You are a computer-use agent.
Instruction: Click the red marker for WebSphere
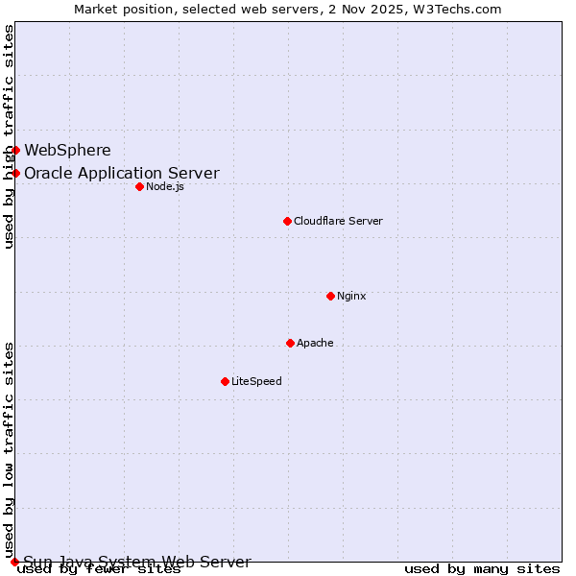tap(15, 150)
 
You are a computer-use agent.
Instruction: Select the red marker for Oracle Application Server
tap(15, 173)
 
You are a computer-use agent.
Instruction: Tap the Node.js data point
tap(139, 186)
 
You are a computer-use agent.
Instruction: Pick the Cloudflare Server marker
tap(287, 221)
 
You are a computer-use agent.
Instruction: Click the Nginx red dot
tap(330, 296)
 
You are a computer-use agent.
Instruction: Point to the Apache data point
tap(290, 343)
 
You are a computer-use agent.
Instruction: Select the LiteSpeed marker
tap(225, 381)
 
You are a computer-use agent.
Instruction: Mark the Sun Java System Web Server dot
tap(14, 562)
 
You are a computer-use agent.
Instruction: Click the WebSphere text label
tap(67, 150)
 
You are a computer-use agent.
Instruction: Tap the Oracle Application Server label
tap(122, 174)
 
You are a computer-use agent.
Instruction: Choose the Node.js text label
tap(165, 186)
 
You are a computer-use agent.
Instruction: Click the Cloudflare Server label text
tap(338, 221)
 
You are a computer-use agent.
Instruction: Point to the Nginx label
tap(351, 296)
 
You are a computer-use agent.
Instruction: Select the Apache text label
tap(315, 343)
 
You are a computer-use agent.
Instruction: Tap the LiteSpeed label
tap(256, 381)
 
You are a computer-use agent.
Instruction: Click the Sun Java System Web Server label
tap(137, 563)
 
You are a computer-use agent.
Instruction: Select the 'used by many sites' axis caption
tap(482, 569)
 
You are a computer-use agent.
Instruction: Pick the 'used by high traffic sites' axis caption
tap(9, 136)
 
